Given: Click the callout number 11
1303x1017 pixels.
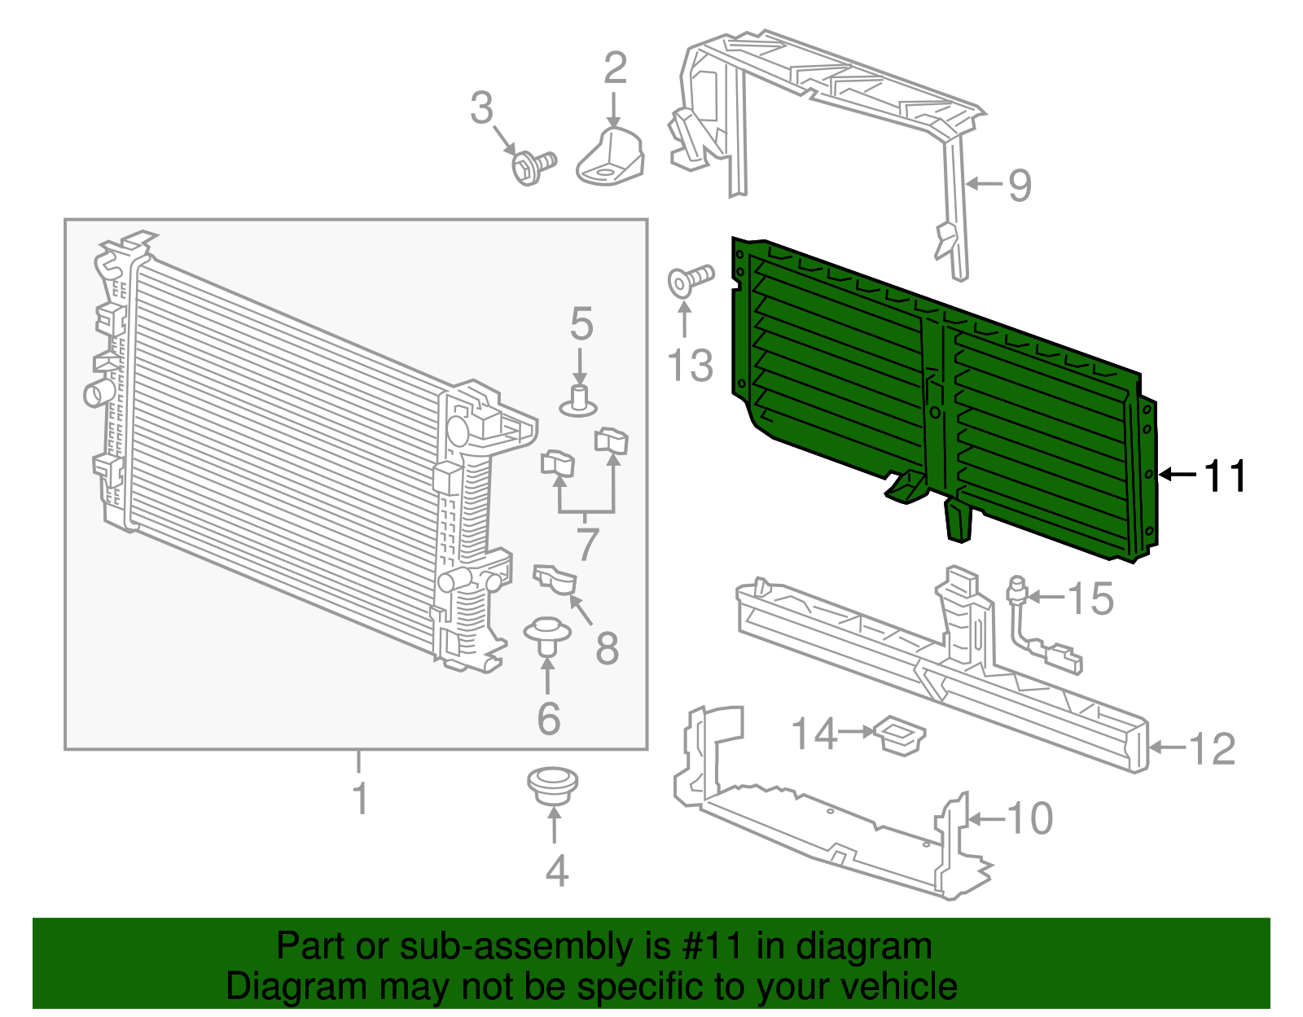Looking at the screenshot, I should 1224,476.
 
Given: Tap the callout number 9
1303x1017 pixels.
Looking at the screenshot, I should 1020,186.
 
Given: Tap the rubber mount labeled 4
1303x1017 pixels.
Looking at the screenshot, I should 553,785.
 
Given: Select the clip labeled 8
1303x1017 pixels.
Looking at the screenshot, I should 555,580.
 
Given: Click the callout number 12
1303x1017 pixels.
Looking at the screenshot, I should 1212,748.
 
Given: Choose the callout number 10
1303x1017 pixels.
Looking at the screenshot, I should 1030,818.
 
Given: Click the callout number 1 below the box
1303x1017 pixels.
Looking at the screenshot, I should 359,799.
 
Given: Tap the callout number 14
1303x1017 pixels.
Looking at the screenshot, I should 814,734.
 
